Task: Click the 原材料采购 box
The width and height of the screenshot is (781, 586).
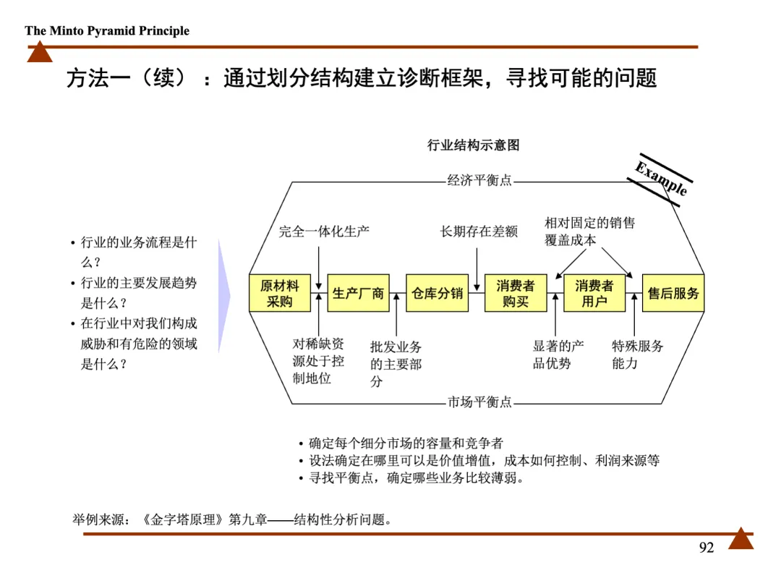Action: pos(279,293)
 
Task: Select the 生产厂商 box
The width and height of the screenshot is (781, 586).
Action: pos(358,293)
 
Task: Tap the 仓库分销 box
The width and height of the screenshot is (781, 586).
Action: pos(437,293)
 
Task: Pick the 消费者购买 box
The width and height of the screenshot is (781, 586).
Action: pos(515,293)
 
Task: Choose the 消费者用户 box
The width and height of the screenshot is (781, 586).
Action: pos(594,293)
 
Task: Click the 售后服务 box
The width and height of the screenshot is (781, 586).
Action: pos(673,293)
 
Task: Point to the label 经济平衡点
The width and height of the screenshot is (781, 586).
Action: pos(479,181)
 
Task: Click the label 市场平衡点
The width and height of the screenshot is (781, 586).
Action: pos(479,402)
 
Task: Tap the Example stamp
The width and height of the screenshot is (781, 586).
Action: pos(661,179)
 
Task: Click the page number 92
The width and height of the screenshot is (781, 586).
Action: pos(707,548)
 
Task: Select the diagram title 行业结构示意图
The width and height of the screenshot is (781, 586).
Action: pos(474,145)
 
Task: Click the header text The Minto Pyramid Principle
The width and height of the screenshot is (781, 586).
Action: pos(107,30)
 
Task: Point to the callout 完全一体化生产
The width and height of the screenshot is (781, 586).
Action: pos(324,232)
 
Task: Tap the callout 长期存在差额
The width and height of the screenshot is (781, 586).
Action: pos(479,232)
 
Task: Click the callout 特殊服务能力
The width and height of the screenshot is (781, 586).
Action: pos(637,354)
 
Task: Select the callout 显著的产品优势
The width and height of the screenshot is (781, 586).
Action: pos(558,354)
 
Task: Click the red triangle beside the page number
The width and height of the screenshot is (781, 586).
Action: pos(741,539)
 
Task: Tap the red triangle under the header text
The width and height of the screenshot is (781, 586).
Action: pos(40,52)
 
